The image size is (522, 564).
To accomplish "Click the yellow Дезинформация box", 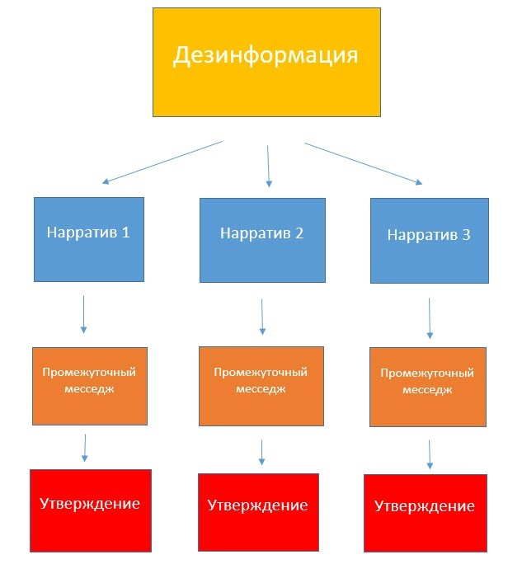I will [x=266, y=62].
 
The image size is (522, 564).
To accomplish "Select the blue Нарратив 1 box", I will [x=89, y=239].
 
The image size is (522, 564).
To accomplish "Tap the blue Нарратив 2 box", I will [x=262, y=239].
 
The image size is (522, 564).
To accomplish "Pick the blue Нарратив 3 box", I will [x=429, y=241].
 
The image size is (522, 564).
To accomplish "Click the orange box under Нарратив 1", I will [x=89, y=386].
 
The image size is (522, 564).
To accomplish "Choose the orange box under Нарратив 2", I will [x=261, y=387].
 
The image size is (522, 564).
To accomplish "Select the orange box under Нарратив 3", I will [x=428, y=387].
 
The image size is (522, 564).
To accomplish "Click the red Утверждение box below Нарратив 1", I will [x=91, y=510].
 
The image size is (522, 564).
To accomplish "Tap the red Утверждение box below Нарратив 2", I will [x=258, y=511].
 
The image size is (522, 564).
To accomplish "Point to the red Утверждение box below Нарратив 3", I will [x=424, y=512].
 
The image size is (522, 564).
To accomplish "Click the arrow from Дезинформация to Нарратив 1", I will [x=162, y=162].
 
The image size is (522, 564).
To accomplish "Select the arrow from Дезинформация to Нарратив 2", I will [x=268, y=166].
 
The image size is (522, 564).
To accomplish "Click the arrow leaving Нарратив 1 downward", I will [x=83, y=314].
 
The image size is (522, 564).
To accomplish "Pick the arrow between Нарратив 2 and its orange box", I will [x=262, y=316].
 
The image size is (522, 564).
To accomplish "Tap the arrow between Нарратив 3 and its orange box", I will [x=430, y=318].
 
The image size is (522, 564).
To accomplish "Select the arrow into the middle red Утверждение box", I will [x=262, y=451].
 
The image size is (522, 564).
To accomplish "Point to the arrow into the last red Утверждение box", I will [x=430, y=454].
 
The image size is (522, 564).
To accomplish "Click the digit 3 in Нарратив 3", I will [x=467, y=235].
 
